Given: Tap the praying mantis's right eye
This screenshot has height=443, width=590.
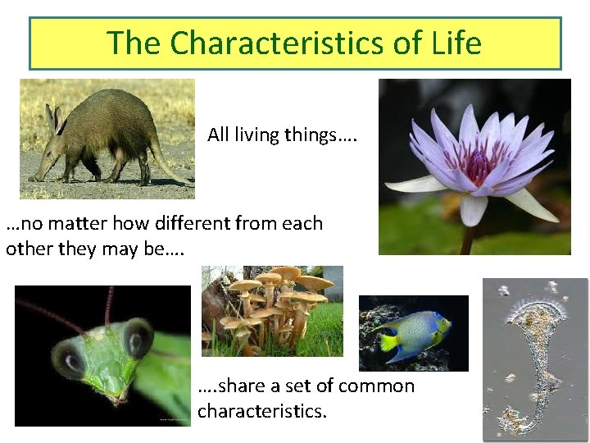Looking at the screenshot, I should [x=137, y=337].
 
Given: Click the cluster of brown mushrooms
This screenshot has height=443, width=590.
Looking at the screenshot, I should [x=270, y=304].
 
